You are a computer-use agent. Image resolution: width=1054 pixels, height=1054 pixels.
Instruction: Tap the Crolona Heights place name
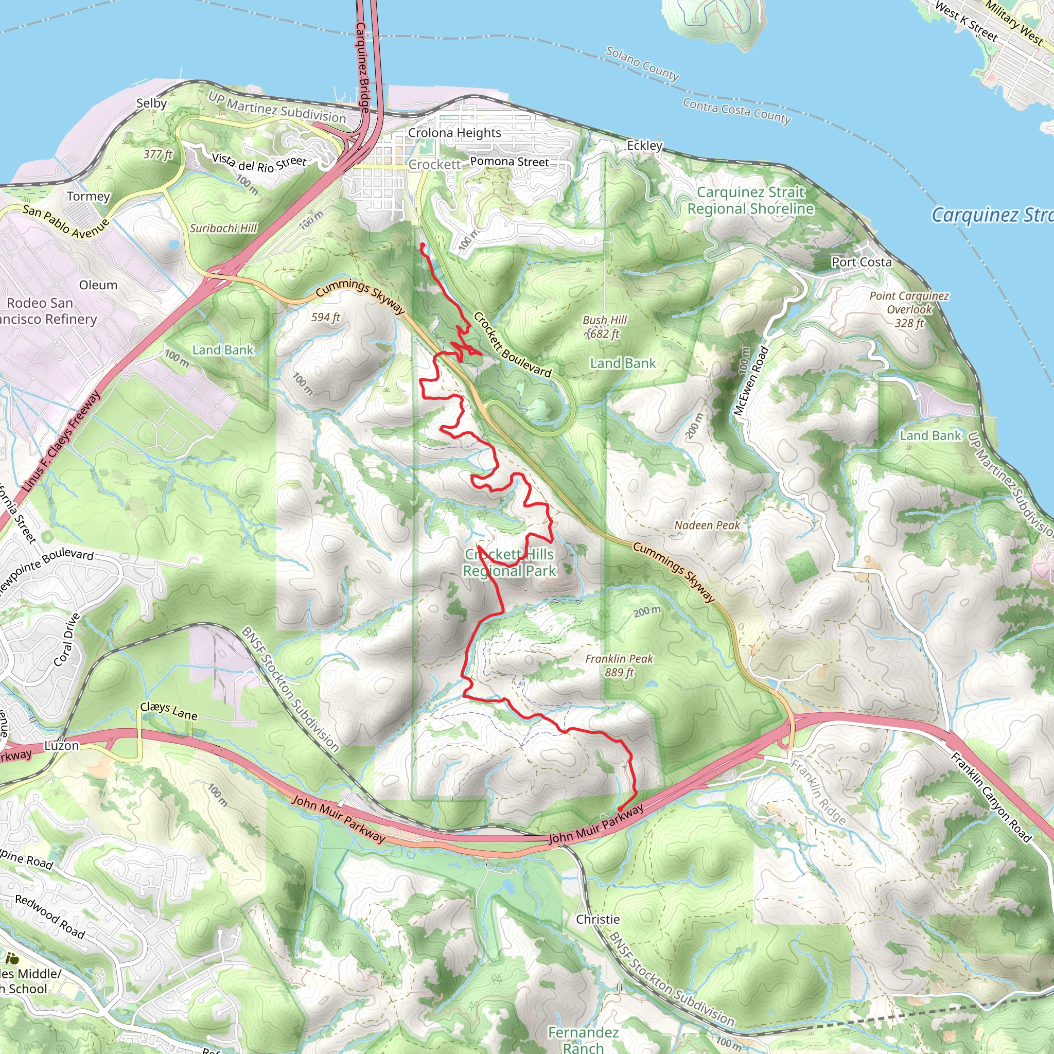[454, 133]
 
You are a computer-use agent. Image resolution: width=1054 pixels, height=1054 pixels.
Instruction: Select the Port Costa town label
[862, 262]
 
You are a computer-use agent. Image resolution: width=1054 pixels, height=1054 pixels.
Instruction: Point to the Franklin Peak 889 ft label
[619, 665]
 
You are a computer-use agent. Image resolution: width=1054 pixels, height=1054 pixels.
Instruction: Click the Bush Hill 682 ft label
[605, 327]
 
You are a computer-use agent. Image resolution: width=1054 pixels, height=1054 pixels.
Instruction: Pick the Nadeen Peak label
[707, 525]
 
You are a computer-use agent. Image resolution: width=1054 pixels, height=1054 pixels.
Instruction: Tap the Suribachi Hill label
[223, 228]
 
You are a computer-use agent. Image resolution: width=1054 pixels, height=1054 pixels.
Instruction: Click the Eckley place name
[644, 145]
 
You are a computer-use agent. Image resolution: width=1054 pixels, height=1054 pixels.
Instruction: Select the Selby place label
[152, 103]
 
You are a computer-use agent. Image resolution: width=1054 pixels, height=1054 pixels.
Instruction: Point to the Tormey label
[89, 196]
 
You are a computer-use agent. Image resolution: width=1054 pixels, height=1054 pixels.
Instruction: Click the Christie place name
[598, 919]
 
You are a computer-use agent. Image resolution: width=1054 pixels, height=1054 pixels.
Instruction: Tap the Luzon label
[62, 745]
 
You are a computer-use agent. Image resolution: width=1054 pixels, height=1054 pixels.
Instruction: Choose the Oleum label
[98, 285]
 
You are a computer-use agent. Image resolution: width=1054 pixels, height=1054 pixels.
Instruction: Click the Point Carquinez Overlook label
[909, 309]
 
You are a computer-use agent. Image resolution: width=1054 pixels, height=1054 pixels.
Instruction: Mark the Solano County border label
[642, 64]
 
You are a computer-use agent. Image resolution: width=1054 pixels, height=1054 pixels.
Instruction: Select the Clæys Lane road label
[169, 710]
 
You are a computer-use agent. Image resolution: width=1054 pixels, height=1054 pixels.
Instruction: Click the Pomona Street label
[510, 162]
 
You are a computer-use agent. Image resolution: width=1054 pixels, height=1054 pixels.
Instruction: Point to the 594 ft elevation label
[326, 317]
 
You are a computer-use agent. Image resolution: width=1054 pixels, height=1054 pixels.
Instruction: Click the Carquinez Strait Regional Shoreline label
[750, 200]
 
